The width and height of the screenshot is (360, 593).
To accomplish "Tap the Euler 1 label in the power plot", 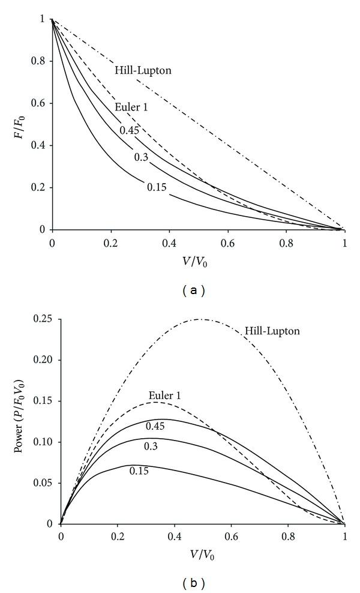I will (x=164, y=395).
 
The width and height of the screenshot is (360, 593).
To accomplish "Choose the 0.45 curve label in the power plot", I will (x=155, y=426).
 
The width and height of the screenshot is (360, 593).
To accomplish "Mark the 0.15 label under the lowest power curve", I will (x=139, y=471).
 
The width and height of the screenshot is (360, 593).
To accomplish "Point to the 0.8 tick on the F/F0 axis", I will (x=41, y=61).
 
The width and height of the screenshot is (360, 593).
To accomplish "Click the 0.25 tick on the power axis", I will (x=43, y=319).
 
